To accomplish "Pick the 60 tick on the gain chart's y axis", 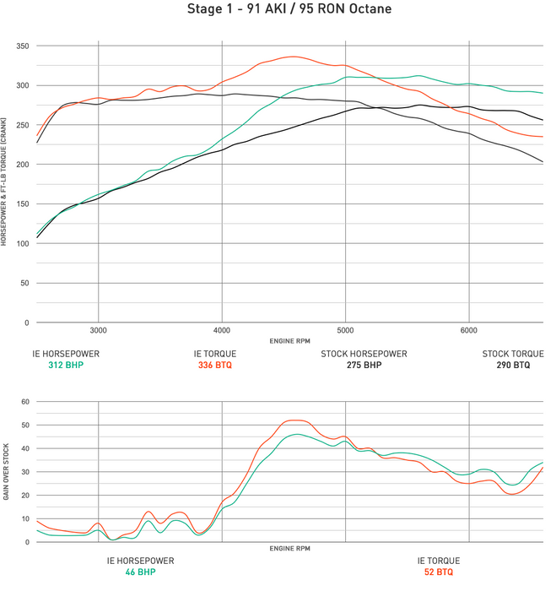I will pos(25,402).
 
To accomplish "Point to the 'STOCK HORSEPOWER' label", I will pos(364,354).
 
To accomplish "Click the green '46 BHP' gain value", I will pos(140,572).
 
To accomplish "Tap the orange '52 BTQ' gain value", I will pos(438,572).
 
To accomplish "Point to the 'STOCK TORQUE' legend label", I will pos(511,354).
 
